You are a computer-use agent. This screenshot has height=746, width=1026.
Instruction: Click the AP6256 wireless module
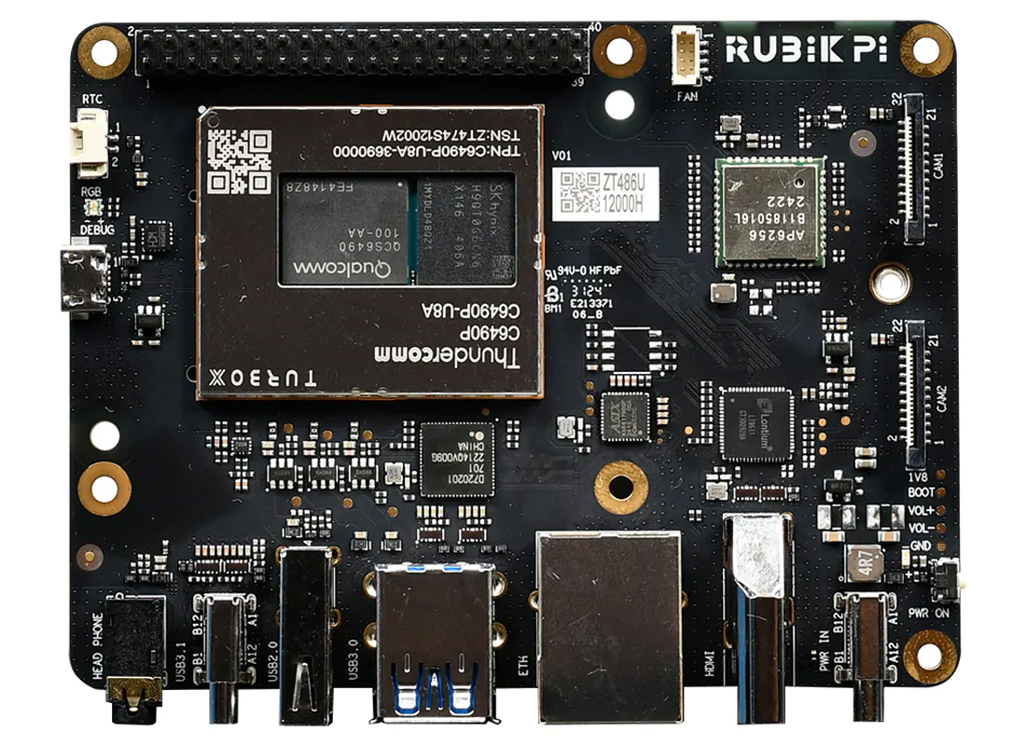770,212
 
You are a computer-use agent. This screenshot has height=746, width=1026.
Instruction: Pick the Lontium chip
756,424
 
